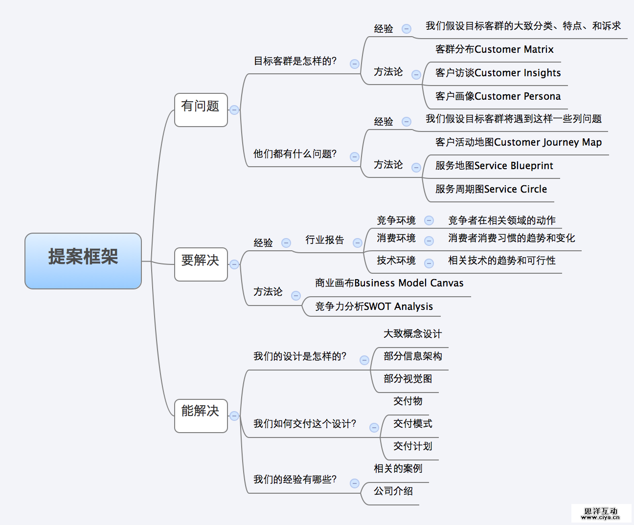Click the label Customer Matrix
(494, 49)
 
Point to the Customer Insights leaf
(498, 73)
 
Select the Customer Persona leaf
(498, 96)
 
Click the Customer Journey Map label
(518, 142)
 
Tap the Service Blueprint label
(494, 166)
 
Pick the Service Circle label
(491, 189)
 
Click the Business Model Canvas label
(389, 283)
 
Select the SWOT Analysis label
(374, 306)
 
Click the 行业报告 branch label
(325, 240)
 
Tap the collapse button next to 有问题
(234, 110)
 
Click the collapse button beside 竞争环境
(429, 220)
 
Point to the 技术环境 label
(396, 261)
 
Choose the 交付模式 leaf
(412, 424)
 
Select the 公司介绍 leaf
(393, 491)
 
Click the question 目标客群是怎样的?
(295, 61)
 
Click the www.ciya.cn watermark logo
(600, 514)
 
